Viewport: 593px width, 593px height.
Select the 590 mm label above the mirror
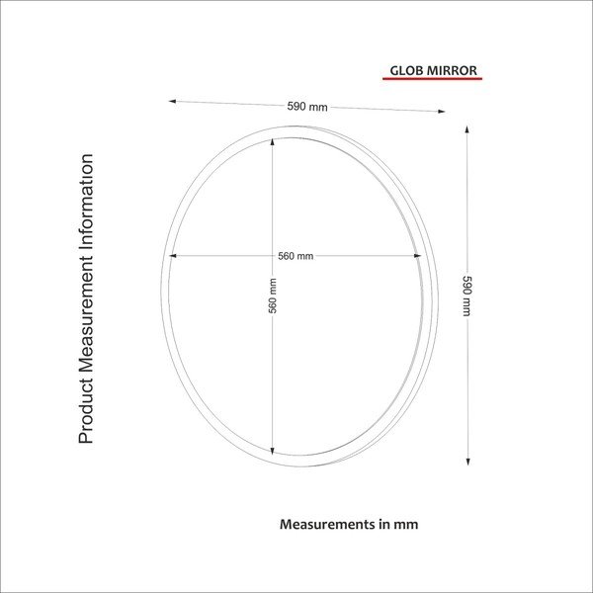tap(306, 107)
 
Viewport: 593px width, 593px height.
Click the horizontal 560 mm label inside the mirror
tap(295, 256)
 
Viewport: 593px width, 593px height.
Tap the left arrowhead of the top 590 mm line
tap(173, 101)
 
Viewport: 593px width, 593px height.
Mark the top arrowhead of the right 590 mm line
tap(467, 128)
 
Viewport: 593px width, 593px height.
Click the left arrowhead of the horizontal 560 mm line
tap(172, 256)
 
